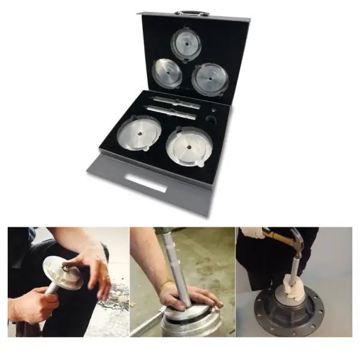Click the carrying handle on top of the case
pyautogui.click(x=192, y=12)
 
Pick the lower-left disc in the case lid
pyautogui.click(x=167, y=73)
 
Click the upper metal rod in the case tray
pyautogui.click(x=176, y=102)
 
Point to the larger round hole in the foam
pyautogui.click(x=211, y=120)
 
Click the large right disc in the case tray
pyautogui.click(x=189, y=146)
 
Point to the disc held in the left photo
pyautogui.click(x=62, y=273)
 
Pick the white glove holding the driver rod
pyautogui.click(x=293, y=287)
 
